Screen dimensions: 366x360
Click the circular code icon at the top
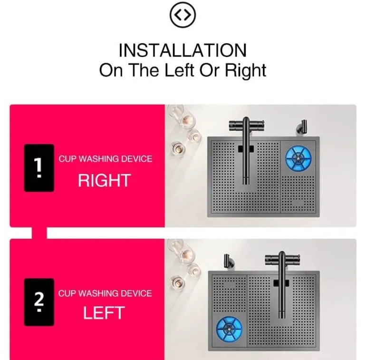[183, 15]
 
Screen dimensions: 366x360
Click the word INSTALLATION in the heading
[183, 50]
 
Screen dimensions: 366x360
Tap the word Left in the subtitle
[179, 70]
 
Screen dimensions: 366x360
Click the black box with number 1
[39, 168]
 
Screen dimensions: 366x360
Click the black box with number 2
[39, 302]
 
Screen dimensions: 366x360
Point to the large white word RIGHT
[104, 180]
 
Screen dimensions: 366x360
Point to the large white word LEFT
[104, 313]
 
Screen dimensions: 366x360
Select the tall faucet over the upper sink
[246, 149]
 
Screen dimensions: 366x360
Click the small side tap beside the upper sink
[302, 127]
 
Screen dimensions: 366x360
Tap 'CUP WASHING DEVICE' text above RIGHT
[105, 159]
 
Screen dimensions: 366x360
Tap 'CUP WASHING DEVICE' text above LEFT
[105, 293]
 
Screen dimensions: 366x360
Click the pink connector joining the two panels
[39, 233]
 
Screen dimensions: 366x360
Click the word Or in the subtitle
[209, 70]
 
